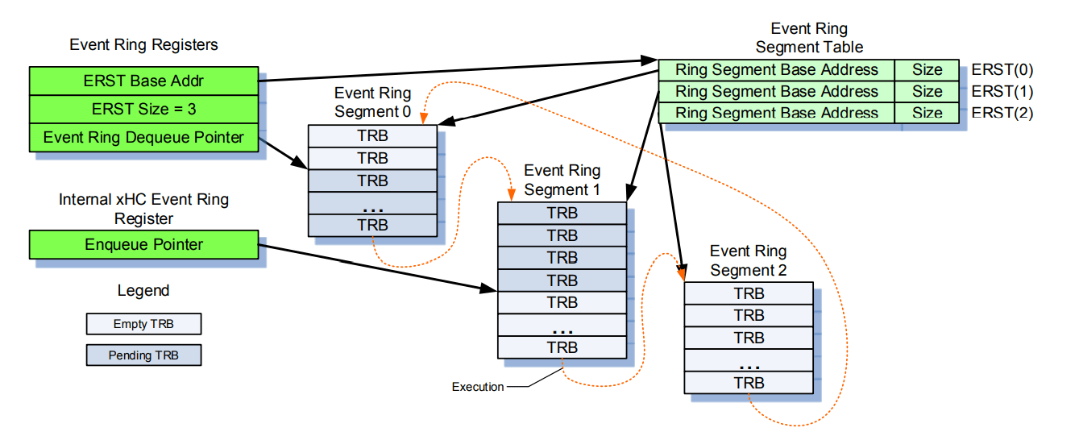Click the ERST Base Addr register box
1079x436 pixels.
143,81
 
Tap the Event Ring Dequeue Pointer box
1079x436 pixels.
143,137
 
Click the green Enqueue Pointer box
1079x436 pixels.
143,244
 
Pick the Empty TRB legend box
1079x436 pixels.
143,324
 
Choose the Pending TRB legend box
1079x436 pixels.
143,355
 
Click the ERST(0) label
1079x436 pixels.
1002,69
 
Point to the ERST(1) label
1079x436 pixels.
1002,91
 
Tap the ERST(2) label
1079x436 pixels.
1002,113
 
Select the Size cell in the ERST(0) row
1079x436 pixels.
927,70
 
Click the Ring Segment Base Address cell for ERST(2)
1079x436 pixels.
776,113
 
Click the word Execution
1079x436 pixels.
477,387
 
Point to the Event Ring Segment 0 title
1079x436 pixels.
372,102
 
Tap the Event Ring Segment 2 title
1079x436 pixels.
748,261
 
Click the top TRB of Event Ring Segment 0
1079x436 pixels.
372,136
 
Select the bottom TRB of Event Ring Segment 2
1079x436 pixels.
749,383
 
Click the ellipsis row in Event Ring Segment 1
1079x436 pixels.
562,326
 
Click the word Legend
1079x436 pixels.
143,291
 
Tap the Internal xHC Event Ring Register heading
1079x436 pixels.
143,209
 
